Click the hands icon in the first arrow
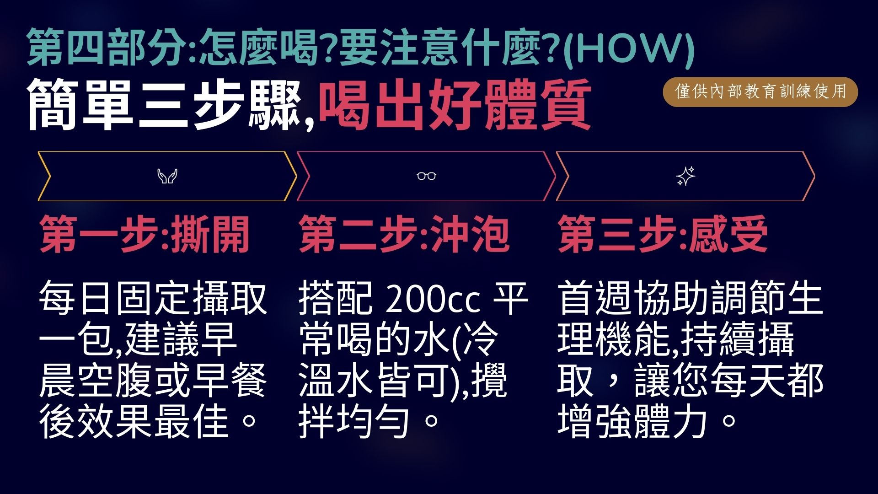(167, 176)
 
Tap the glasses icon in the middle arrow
(427, 176)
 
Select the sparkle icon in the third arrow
(685, 176)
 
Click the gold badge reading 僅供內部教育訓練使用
(760, 92)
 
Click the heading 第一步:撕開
(145, 235)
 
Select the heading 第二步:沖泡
(404, 235)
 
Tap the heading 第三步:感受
(663, 235)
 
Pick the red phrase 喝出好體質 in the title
(455, 105)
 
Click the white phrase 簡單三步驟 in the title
(164, 105)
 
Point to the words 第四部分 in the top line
(107, 47)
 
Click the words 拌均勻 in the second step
(354, 421)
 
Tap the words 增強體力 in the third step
(633, 421)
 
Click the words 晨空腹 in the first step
(96, 381)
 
